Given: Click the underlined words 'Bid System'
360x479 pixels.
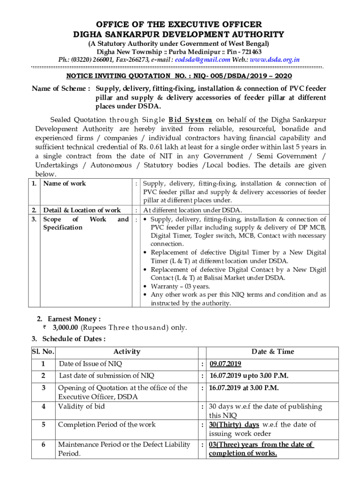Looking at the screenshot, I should [x=190, y=119].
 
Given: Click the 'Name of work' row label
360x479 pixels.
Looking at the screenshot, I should [x=65, y=184].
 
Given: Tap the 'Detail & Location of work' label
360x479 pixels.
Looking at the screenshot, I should [x=82, y=210].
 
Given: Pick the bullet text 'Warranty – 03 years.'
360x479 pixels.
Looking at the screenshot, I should [x=180, y=286].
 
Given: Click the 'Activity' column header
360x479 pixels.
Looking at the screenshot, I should [x=126, y=352].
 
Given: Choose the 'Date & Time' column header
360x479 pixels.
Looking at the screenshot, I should [x=273, y=352].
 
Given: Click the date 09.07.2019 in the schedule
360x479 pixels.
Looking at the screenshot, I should [x=225, y=364].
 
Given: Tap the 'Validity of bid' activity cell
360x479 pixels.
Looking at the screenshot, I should [x=81, y=406].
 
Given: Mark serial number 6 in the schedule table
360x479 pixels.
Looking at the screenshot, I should [x=43, y=444].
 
